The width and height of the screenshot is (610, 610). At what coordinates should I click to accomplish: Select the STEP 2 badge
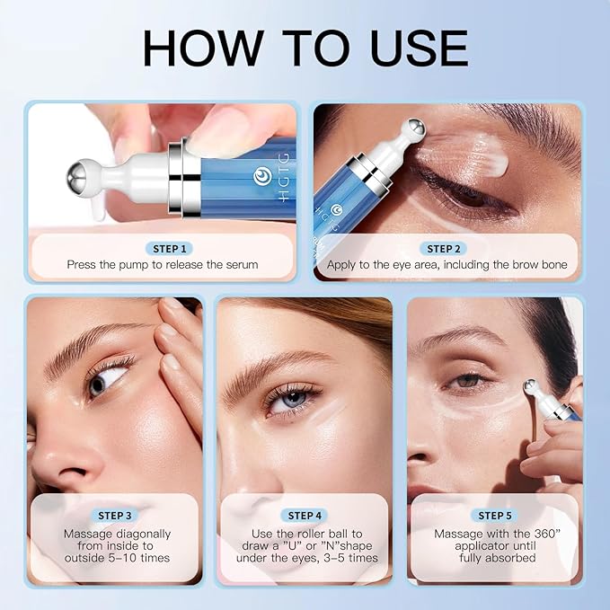tap(446, 249)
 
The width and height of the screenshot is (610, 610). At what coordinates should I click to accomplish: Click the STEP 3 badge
tap(115, 516)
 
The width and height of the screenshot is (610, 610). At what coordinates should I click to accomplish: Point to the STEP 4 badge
tap(305, 516)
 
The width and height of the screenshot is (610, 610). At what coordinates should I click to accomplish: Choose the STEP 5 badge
tap(496, 516)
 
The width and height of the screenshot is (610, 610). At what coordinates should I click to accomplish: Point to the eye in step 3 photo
tap(101, 384)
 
